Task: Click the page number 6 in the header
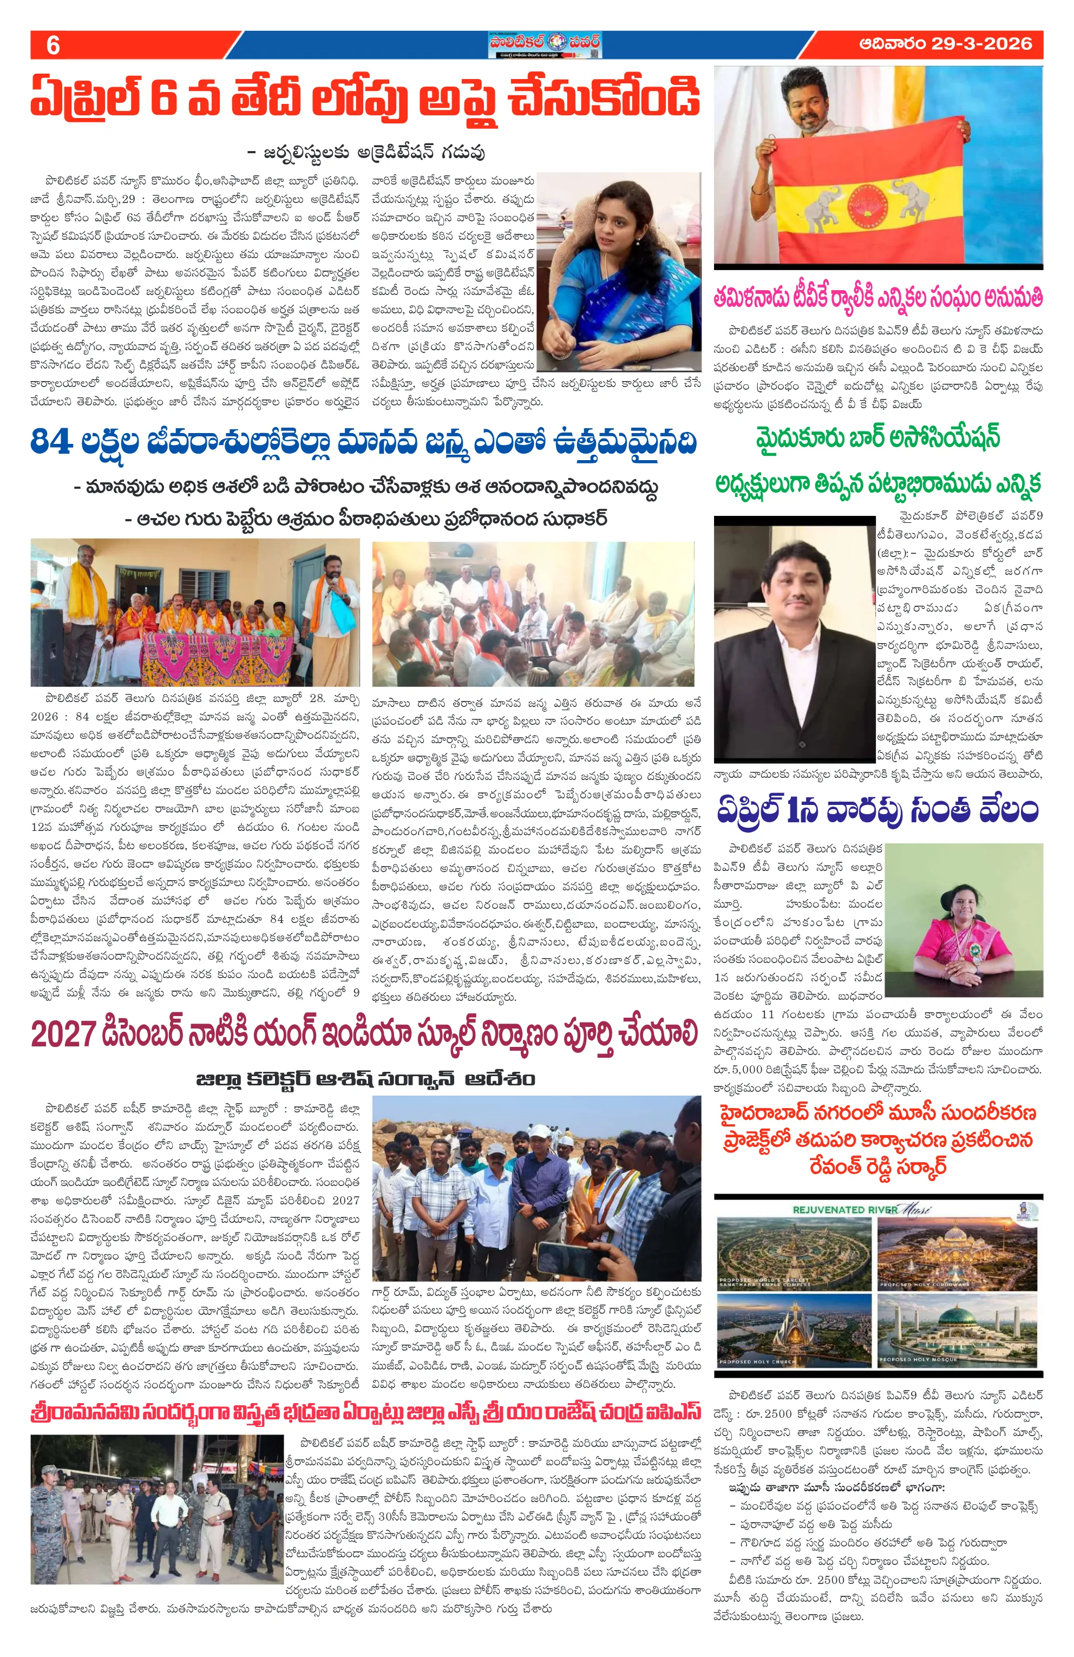point(52,45)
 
